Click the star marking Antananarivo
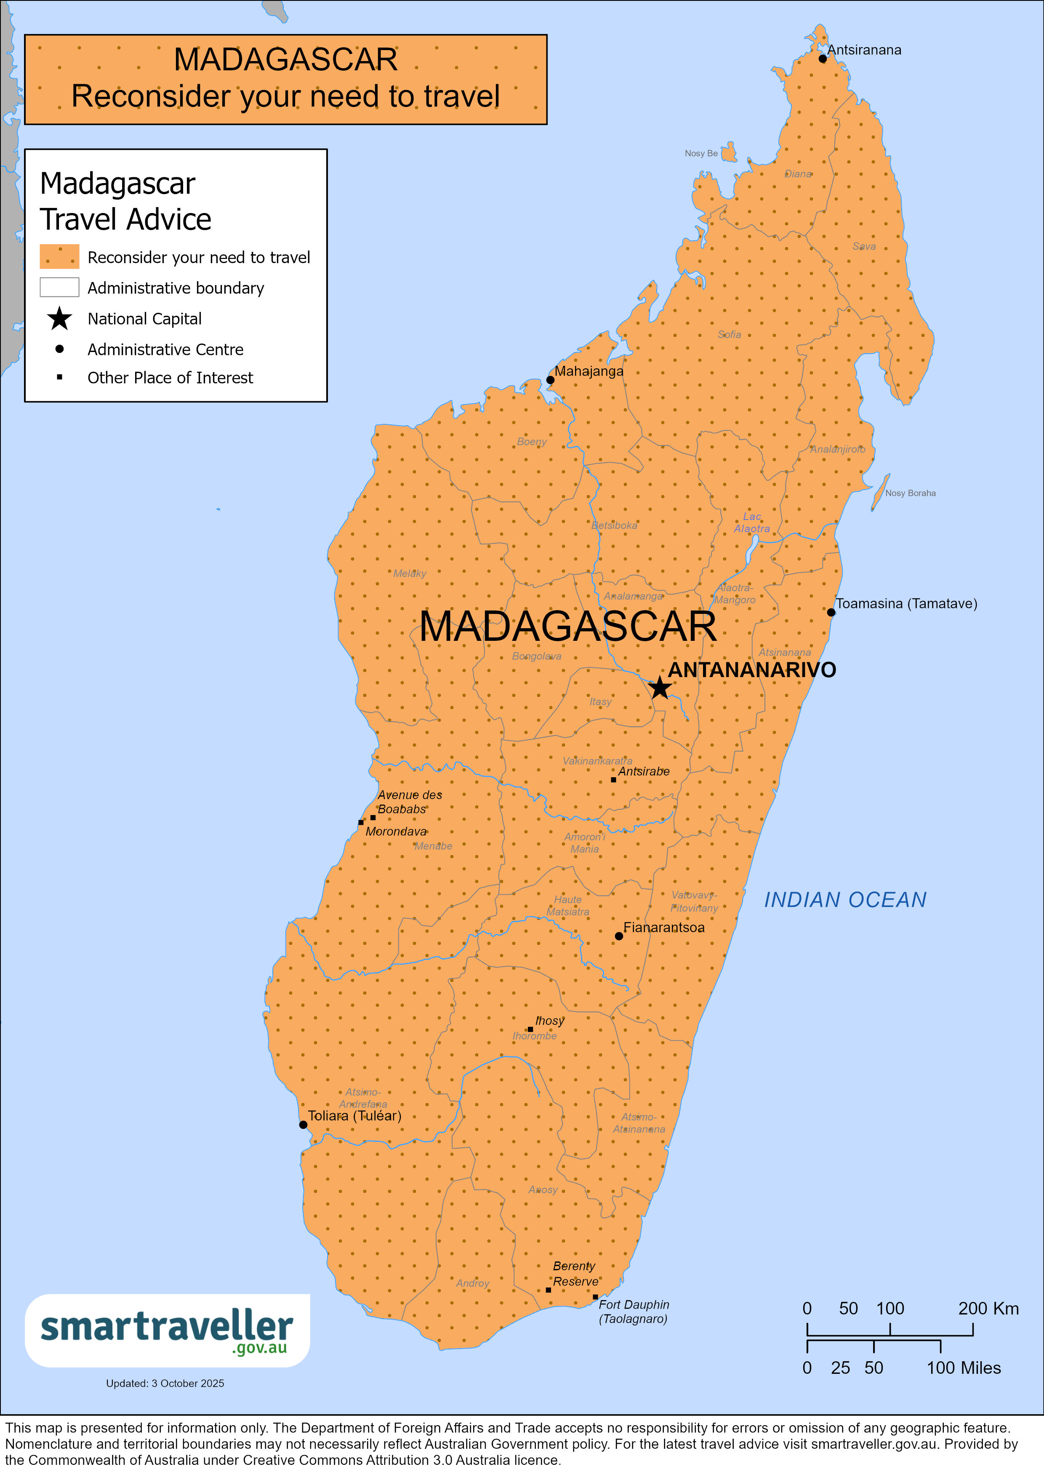660,688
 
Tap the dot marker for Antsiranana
823,59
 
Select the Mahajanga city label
589,371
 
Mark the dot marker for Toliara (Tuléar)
303,1125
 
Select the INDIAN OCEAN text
844,899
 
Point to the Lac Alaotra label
751,523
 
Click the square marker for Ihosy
530,1029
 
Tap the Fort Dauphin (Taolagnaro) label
634,1311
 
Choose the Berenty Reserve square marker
548,1290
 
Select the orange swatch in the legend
59,256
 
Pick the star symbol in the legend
59,318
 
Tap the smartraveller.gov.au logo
167,1330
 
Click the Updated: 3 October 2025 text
165,1383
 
